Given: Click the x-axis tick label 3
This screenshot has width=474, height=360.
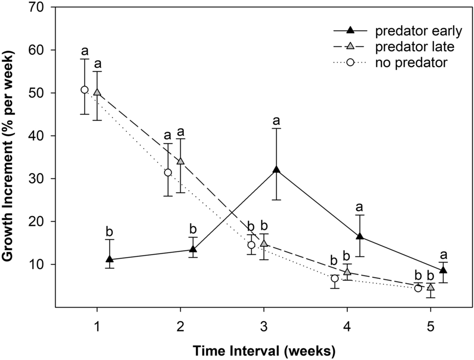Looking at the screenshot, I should click(263, 326).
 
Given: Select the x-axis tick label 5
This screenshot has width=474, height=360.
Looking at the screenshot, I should click(430, 326).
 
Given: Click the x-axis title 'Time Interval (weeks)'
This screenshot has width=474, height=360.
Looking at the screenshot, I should click(263, 351).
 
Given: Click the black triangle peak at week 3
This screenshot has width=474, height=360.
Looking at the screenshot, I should click(276, 170).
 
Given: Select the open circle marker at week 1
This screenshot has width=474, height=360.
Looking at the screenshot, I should click(85, 90).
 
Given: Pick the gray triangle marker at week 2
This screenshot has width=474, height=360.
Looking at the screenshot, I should click(180, 161).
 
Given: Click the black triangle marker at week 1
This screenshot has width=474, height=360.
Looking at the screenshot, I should click(110, 259).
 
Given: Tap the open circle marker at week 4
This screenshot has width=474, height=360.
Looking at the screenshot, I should click(335, 279).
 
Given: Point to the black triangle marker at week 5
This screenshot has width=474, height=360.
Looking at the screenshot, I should click(443, 270).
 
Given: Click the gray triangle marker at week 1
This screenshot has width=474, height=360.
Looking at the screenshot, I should click(97, 92).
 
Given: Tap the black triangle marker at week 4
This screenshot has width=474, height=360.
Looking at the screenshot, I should click(360, 236).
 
